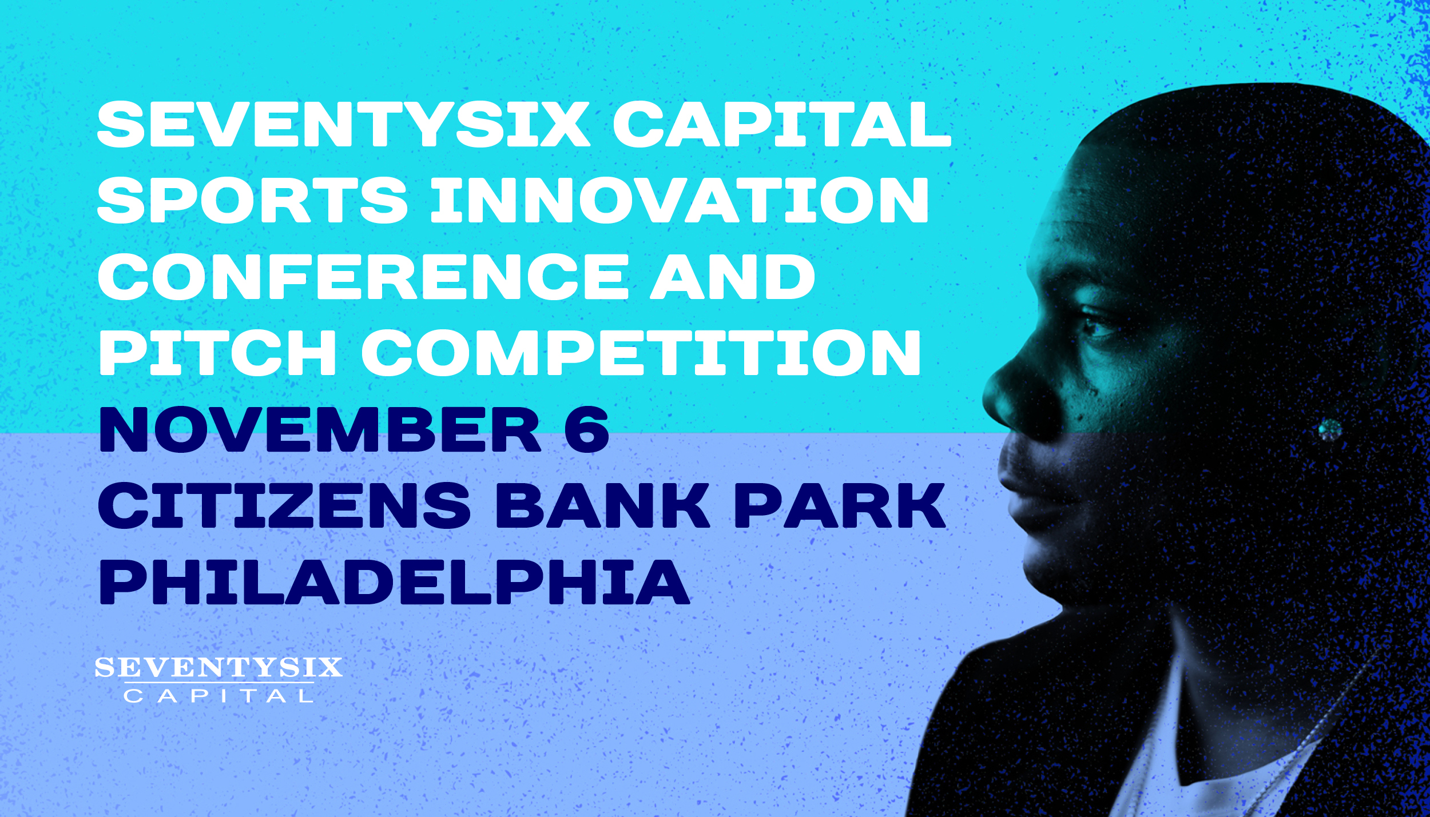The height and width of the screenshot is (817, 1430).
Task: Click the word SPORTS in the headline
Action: [x=252, y=200]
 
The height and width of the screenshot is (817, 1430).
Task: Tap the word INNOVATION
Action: [x=680, y=200]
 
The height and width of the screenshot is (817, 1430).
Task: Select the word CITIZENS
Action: [x=285, y=506]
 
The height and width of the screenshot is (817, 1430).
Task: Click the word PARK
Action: [x=840, y=506]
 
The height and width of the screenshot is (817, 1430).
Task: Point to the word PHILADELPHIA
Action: [x=394, y=581]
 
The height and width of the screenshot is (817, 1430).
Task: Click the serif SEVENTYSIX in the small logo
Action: [x=219, y=668]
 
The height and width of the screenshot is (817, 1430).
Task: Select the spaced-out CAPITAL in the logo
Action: [x=219, y=696]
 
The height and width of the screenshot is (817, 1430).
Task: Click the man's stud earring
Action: [x=1330, y=429]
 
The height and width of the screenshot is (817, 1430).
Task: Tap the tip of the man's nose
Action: [x=985, y=400]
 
